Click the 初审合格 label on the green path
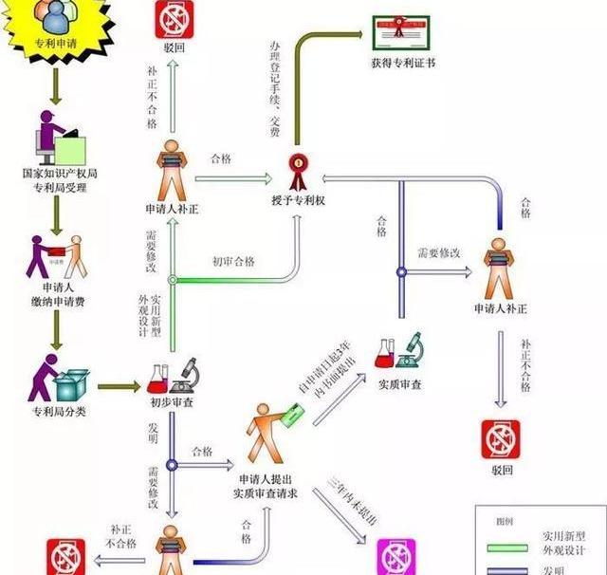point(233,262)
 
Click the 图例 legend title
point(504,521)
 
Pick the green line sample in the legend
point(507,547)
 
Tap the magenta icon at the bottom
point(396,556)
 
